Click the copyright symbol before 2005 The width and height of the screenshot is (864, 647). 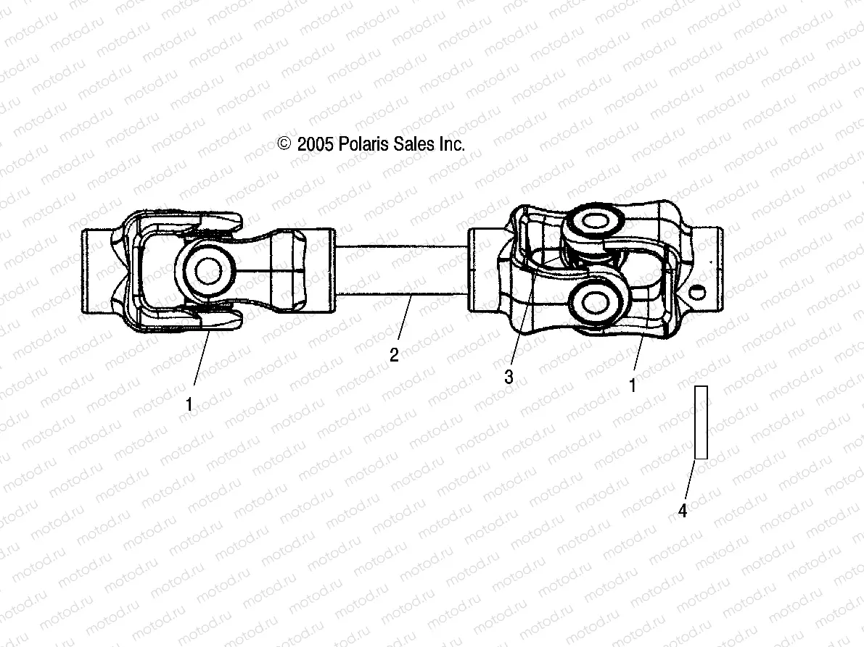(284, 144)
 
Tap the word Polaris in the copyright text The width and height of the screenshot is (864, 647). (365, 144)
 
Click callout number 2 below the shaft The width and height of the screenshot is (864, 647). (394, 355)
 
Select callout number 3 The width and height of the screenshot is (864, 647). (509, 377)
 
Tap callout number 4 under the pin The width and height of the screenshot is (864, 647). (682, 512)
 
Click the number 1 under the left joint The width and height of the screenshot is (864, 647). (189, 405)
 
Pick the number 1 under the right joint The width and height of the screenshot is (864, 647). (632, 386)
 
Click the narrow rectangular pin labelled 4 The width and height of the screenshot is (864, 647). (701, 422)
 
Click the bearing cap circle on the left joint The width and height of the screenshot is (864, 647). (208, 272)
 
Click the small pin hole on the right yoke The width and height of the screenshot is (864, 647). (699, 293)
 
